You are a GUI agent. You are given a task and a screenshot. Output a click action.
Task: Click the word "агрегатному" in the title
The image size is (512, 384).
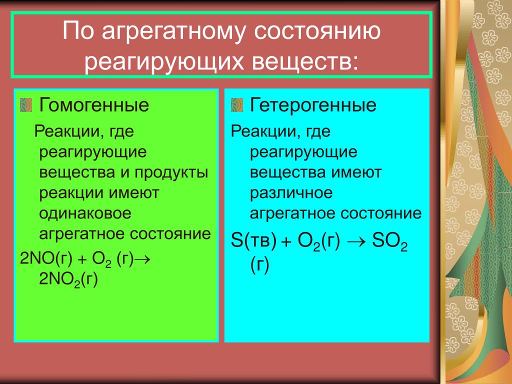(173, 32)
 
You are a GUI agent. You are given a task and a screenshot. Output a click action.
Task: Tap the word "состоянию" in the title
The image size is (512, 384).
(317, 31)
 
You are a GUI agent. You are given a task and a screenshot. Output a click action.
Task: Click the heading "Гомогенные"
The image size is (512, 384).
(94, 105)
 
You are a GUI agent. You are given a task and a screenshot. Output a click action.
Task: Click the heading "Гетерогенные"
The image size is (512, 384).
(313, 105)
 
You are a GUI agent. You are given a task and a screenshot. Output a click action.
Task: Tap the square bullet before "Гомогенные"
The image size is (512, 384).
(26, 105)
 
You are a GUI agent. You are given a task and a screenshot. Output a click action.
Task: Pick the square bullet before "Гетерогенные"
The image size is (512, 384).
(237, 105)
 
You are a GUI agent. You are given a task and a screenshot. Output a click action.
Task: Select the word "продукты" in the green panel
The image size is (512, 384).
(171, 173)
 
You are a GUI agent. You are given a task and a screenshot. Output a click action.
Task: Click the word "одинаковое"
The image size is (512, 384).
(85, 213)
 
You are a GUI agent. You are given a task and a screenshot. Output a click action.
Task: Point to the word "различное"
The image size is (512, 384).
(291, 193)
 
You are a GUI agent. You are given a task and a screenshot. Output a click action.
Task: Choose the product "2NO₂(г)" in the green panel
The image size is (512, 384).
(68, 279)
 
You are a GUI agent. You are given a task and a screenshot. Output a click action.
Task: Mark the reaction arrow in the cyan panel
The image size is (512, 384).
(356, 241)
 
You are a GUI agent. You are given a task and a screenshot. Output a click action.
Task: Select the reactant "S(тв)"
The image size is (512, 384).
(253, 240)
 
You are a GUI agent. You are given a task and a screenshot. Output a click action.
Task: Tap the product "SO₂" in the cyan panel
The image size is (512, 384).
(390, 242)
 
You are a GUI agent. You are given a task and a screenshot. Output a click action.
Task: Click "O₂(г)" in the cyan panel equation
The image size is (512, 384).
(318, 241)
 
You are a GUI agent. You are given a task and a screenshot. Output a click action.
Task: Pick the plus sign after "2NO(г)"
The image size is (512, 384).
(82, 259)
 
